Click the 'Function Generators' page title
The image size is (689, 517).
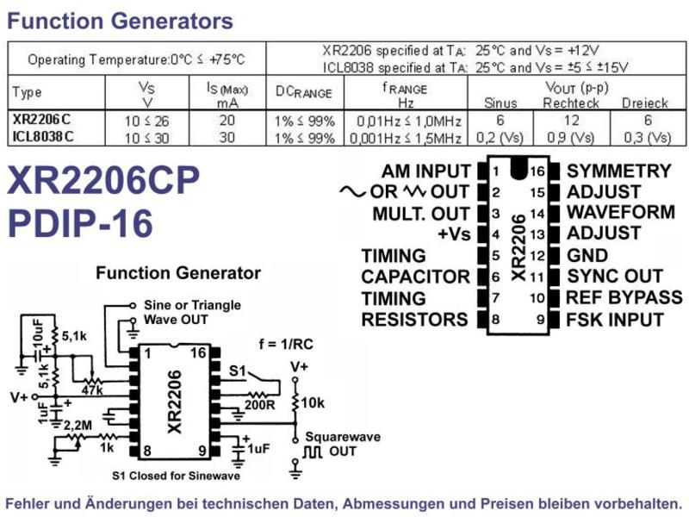click(120, 21)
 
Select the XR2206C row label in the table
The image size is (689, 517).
click(41, 120)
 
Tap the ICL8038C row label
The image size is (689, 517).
click(43, 137)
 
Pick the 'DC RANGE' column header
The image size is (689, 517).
click(304, 92)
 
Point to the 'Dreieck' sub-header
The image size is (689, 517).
click(644, 103)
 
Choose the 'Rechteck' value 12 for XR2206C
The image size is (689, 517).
click(571, 120)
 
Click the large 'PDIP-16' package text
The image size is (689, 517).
click(80, 223)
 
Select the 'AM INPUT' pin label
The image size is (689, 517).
click(425, 171)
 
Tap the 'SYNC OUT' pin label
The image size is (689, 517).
click(614, 276)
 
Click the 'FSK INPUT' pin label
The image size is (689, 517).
click(615, 320)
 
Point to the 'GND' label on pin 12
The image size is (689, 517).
click(587, 255)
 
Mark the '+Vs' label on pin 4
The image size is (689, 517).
click(454, 234)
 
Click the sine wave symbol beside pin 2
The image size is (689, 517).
click(352, 191)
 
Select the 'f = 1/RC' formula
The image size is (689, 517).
click(286, 344)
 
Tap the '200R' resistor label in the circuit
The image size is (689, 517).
click(259, 404)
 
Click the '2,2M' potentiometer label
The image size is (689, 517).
click(78, 426)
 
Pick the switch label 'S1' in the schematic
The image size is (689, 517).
click(238, 371)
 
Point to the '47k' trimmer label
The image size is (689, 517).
click(92, 389)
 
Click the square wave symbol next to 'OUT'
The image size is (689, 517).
click(313, 452)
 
